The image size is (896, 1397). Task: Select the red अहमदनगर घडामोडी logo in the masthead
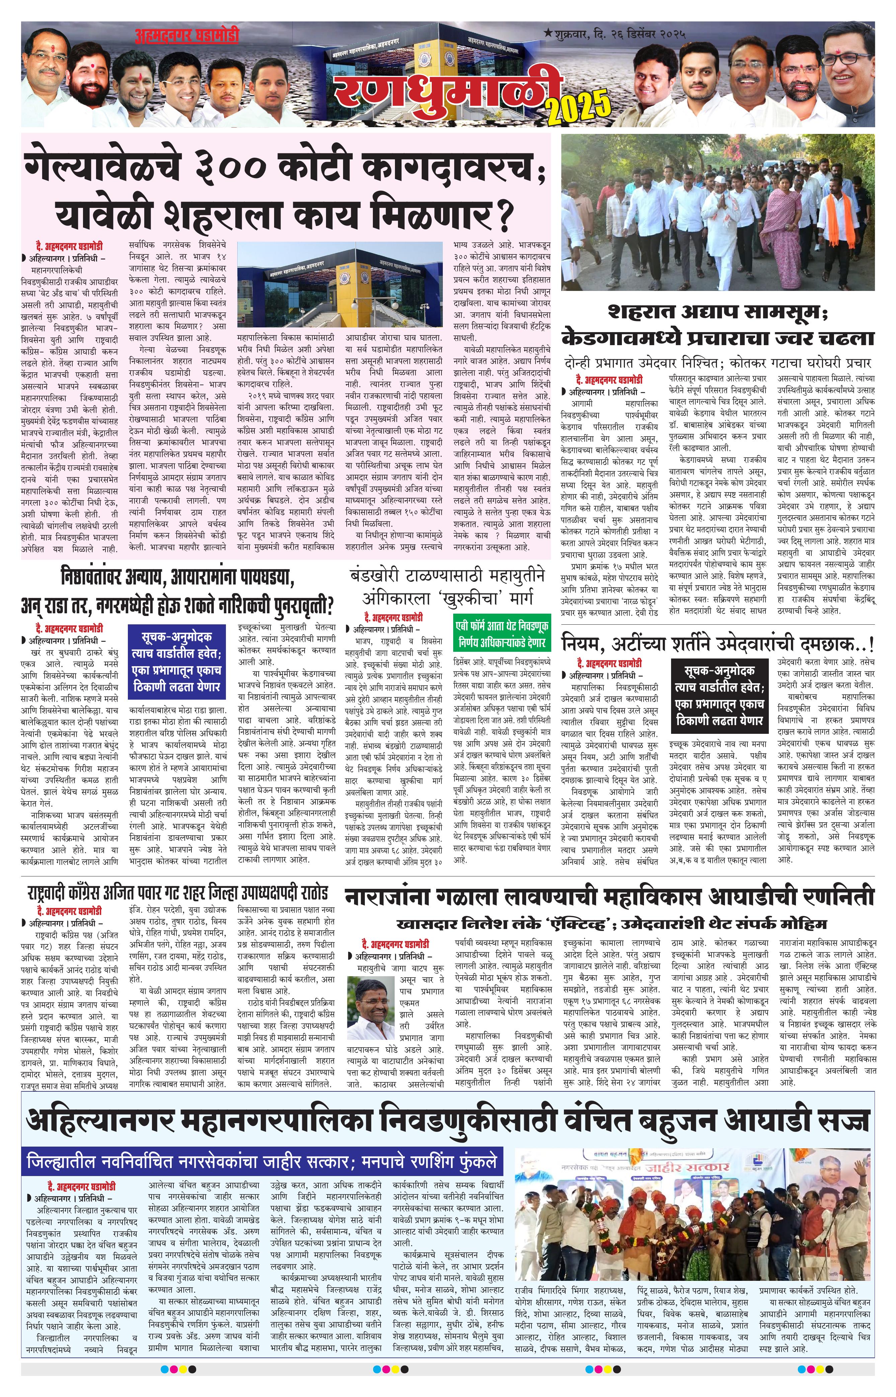187,36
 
